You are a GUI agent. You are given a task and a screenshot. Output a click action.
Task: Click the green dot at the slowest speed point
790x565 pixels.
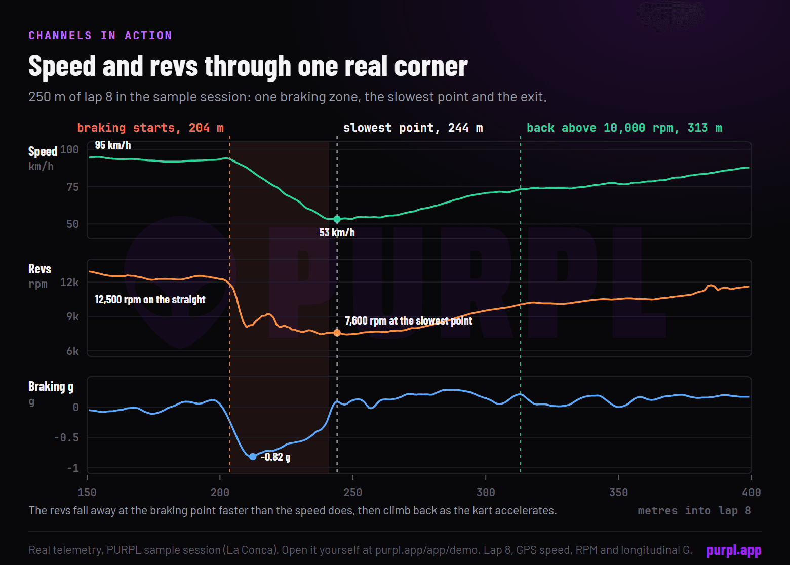click(x=337, y=219)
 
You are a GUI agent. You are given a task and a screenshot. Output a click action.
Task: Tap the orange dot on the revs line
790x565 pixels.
click(x=337, y=333)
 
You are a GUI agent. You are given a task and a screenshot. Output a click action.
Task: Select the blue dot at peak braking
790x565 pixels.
click(x=253, y=457)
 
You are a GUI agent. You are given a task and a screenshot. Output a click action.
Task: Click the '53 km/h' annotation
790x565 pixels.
click(x=337, y=233)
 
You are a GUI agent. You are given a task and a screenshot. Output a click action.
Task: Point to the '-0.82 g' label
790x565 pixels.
click(x=275, y=457)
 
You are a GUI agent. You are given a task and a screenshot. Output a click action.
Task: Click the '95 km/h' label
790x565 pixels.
click(x=113, y=145)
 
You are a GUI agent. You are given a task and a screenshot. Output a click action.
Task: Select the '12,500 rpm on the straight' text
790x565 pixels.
click(x=150, y=299)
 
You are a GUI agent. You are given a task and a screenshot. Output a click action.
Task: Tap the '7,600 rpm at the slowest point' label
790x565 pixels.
click(x=408, y=320)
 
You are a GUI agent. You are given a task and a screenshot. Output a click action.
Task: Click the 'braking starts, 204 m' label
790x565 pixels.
click(x=150, y=128)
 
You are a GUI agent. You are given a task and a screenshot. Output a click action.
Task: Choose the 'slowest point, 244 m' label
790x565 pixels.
click(x=413, y=128)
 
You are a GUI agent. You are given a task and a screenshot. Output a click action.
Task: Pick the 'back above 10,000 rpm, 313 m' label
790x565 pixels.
click(x=624, y=128)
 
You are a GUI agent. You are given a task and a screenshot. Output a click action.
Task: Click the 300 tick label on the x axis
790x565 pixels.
click(x=486, y=492)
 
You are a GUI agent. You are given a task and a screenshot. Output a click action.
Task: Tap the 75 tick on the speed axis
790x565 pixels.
click(x=72, y=187)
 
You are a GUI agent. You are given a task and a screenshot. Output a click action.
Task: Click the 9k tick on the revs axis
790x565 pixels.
click(x=72, y=317)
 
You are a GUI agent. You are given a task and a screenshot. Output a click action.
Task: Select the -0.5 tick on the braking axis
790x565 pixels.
click(x=66, y=438)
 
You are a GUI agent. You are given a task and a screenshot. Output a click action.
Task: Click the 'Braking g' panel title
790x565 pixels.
click(x=51, y=387)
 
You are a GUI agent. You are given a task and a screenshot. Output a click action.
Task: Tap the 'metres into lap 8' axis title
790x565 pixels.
click(x=694, y=511)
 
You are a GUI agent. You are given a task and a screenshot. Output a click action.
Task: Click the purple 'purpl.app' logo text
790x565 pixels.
click(x=734, y=550)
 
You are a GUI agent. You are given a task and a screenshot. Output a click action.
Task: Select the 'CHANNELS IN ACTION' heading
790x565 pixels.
click(x=100, y=35)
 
